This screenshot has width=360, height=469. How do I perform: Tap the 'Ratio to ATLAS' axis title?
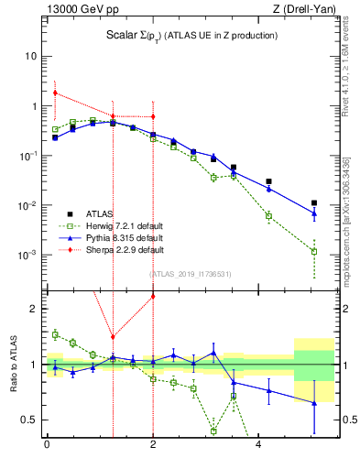tap(12, 364)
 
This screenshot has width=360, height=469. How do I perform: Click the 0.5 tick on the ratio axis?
tap(30, 420)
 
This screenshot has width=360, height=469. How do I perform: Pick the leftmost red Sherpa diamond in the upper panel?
tap(55, 93)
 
